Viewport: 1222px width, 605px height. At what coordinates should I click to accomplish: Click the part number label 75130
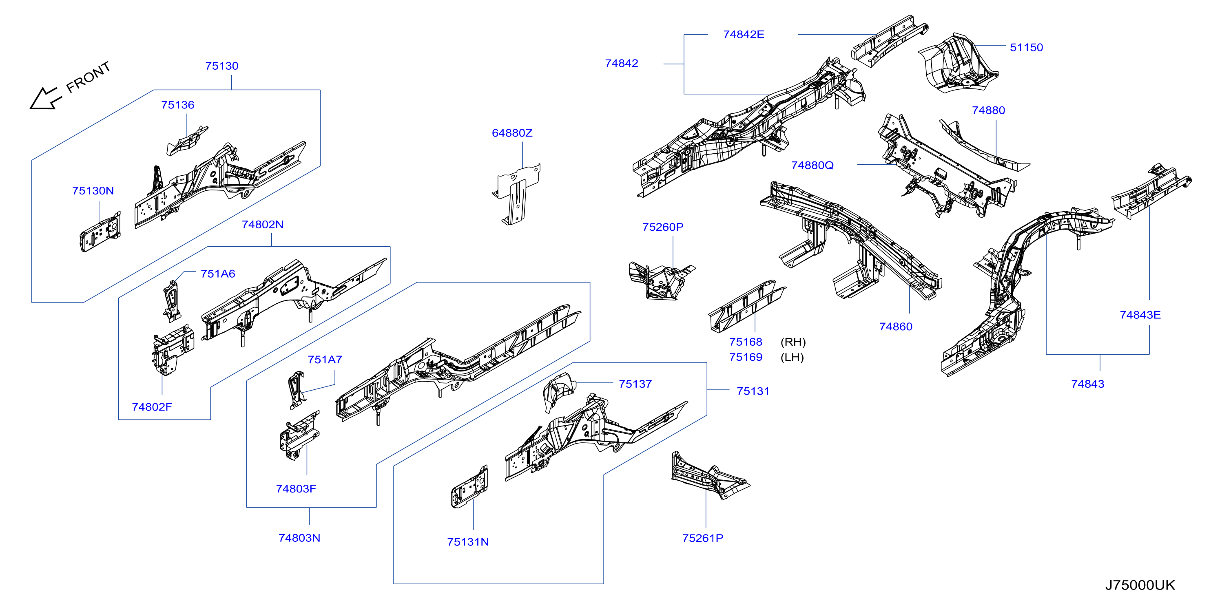coord(221,66)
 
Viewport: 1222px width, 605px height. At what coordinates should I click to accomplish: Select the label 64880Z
coord(512,133)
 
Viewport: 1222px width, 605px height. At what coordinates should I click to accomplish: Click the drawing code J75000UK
coord(1140,585)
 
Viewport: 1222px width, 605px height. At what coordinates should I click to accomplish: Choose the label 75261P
coord(702,538)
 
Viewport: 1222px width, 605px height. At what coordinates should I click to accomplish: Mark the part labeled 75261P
coord(710,475)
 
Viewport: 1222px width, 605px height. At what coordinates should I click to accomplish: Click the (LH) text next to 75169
coord(792,357)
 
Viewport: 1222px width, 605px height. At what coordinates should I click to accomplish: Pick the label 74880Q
coord(812,165)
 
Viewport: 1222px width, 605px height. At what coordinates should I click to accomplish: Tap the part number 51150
coord(1026,47)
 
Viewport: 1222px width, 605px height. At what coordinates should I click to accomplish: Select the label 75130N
coord(93,191)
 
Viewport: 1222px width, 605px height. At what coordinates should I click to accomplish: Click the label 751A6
coord(218,274)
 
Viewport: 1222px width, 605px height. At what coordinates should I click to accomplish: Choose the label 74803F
coord(296,489)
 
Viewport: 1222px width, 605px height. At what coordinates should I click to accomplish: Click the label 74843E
coord(1140,315)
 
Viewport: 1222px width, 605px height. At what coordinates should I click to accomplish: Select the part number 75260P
coord(663,227)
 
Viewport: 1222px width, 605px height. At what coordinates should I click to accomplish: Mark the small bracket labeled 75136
coord(186,141)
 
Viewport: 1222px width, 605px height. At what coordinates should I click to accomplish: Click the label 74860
coord(896,327)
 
